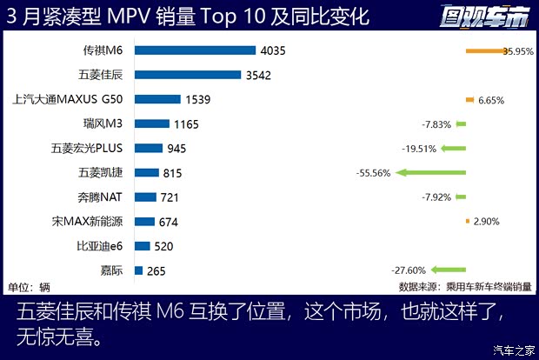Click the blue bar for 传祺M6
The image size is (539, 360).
196,50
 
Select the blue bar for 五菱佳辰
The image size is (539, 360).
188,75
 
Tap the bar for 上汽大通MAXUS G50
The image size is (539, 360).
156,99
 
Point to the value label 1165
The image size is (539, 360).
187,124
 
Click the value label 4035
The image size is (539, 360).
272,50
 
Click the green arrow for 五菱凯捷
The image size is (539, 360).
431,173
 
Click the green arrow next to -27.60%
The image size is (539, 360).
448,270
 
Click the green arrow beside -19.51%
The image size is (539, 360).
452,149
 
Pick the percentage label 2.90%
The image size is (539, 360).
487,222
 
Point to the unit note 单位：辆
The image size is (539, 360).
30,286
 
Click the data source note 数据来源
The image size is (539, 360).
463,286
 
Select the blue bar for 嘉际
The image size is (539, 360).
139,270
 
